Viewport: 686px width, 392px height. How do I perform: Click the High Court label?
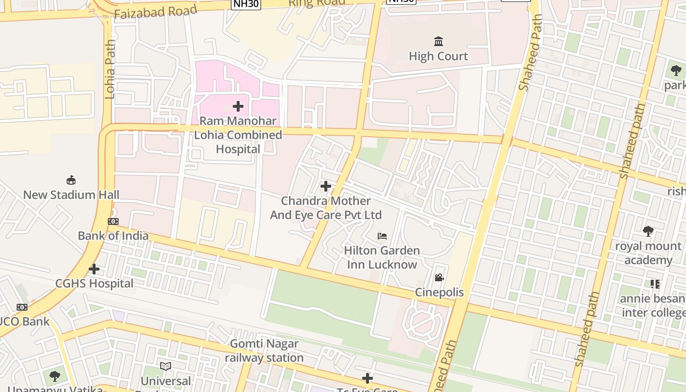point(438,56)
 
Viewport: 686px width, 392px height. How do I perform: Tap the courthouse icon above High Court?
point(438,41)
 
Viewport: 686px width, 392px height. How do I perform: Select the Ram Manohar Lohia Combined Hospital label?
point(238,135)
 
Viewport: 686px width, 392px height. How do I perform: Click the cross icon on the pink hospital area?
point(238,106)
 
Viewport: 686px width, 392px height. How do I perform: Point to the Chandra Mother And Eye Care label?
point(326,208)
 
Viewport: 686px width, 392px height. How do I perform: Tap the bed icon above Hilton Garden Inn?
point(382,236)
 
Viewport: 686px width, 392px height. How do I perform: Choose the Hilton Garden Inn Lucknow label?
point(382,257)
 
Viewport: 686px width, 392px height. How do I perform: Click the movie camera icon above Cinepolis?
point(439,278)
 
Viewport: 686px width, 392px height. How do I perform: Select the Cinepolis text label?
point(439,293)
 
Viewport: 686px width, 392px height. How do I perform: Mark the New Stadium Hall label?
point(71,195)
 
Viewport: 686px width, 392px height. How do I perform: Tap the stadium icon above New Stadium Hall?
point(71,180)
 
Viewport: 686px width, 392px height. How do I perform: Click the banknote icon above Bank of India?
point(113,221)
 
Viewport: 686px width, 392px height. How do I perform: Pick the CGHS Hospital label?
point(94,284)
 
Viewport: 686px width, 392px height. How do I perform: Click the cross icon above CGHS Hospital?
point(94,269)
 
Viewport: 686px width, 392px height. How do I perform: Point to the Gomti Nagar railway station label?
point(264,351)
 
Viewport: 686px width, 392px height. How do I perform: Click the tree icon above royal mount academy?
point(648,231)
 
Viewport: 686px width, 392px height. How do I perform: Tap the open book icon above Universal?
point(166,366)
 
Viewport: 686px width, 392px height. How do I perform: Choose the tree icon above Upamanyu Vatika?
point(55,376)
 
